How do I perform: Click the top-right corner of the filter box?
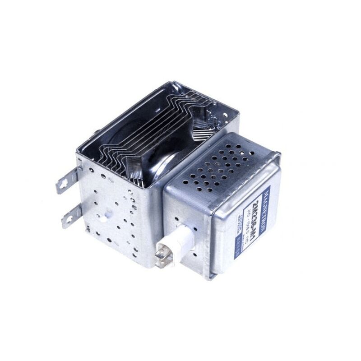point(278,154)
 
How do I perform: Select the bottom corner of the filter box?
point(208,277)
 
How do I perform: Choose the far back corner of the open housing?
point(173,83)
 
